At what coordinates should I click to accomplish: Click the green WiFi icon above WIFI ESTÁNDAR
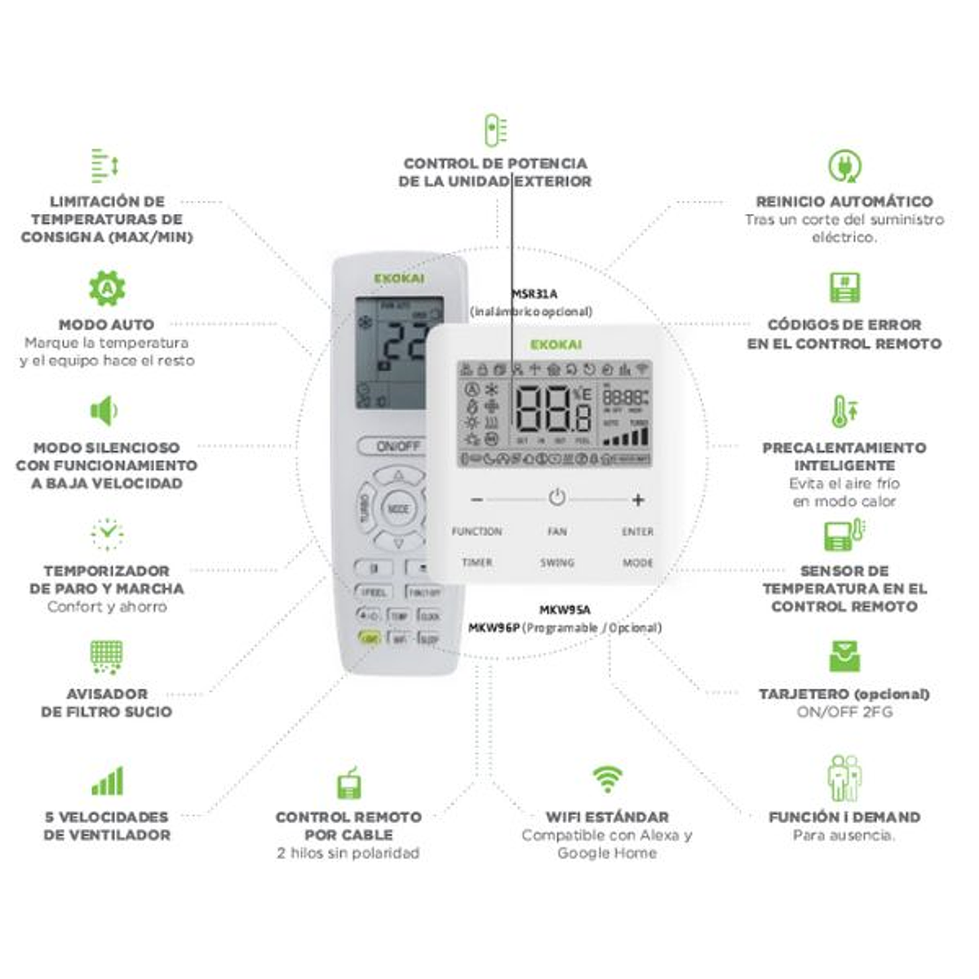click(607, 778)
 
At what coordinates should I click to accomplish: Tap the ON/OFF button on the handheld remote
click(397, 445)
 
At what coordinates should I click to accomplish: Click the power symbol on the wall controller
click(557, 498)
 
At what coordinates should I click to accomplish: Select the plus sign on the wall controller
click(638, 499)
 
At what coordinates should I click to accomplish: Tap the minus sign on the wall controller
click(477, 499)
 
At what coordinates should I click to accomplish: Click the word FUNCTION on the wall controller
click(476, 532)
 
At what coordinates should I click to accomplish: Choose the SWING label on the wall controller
click(557, 563)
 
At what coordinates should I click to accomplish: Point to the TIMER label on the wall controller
click(476, 563)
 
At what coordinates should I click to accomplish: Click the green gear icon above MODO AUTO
click(107, 288)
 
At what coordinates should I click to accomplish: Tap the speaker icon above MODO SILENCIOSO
click(104, 411)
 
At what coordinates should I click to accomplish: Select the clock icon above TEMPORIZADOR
click(107, 534)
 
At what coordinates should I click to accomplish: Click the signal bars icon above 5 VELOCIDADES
click(107, 780)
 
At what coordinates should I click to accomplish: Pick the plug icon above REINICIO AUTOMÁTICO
click(844, 165)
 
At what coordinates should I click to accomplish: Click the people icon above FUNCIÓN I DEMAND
click(844, 778)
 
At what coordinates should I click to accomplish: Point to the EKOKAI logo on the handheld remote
click(398, 279)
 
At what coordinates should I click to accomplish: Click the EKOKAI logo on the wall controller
click(556, 344)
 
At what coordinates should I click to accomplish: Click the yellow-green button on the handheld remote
click(369, 639)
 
